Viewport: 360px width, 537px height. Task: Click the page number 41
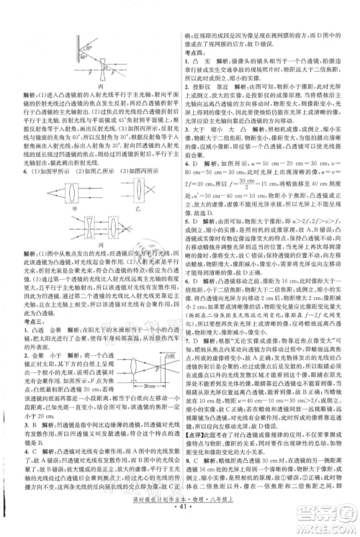[181, 528]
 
